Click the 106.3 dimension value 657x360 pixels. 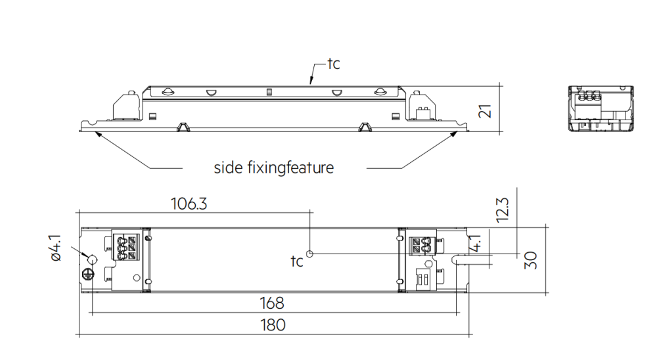[189, 204]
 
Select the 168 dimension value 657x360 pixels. [272, 303]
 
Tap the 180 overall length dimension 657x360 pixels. [272, 325]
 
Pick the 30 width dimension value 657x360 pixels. [533, 260]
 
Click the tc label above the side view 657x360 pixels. [333, 64]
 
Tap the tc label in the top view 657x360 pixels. [297, 261]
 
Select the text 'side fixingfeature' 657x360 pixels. [274, 168]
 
